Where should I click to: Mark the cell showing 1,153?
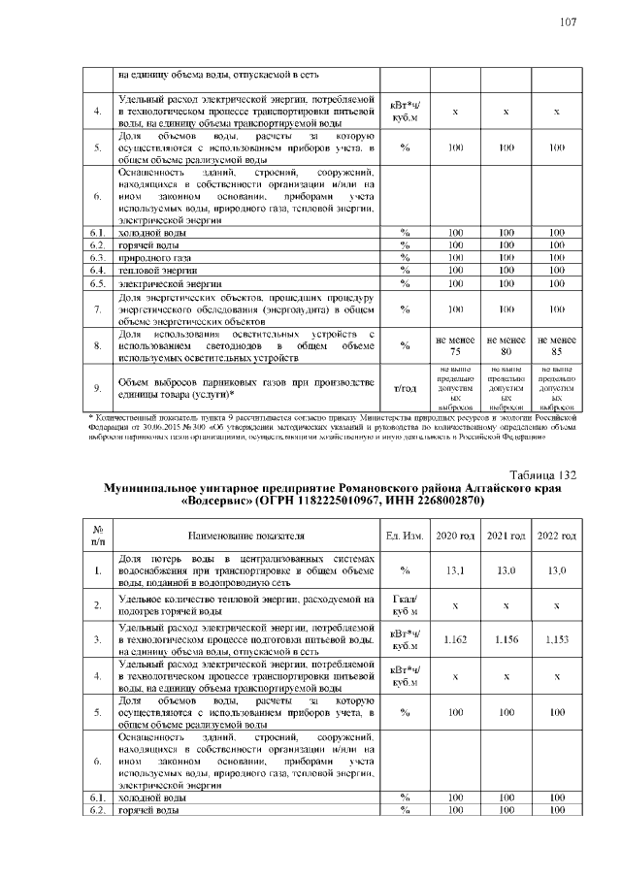click(x=556, y=639)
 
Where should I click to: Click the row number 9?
click(x=98, y=388)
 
